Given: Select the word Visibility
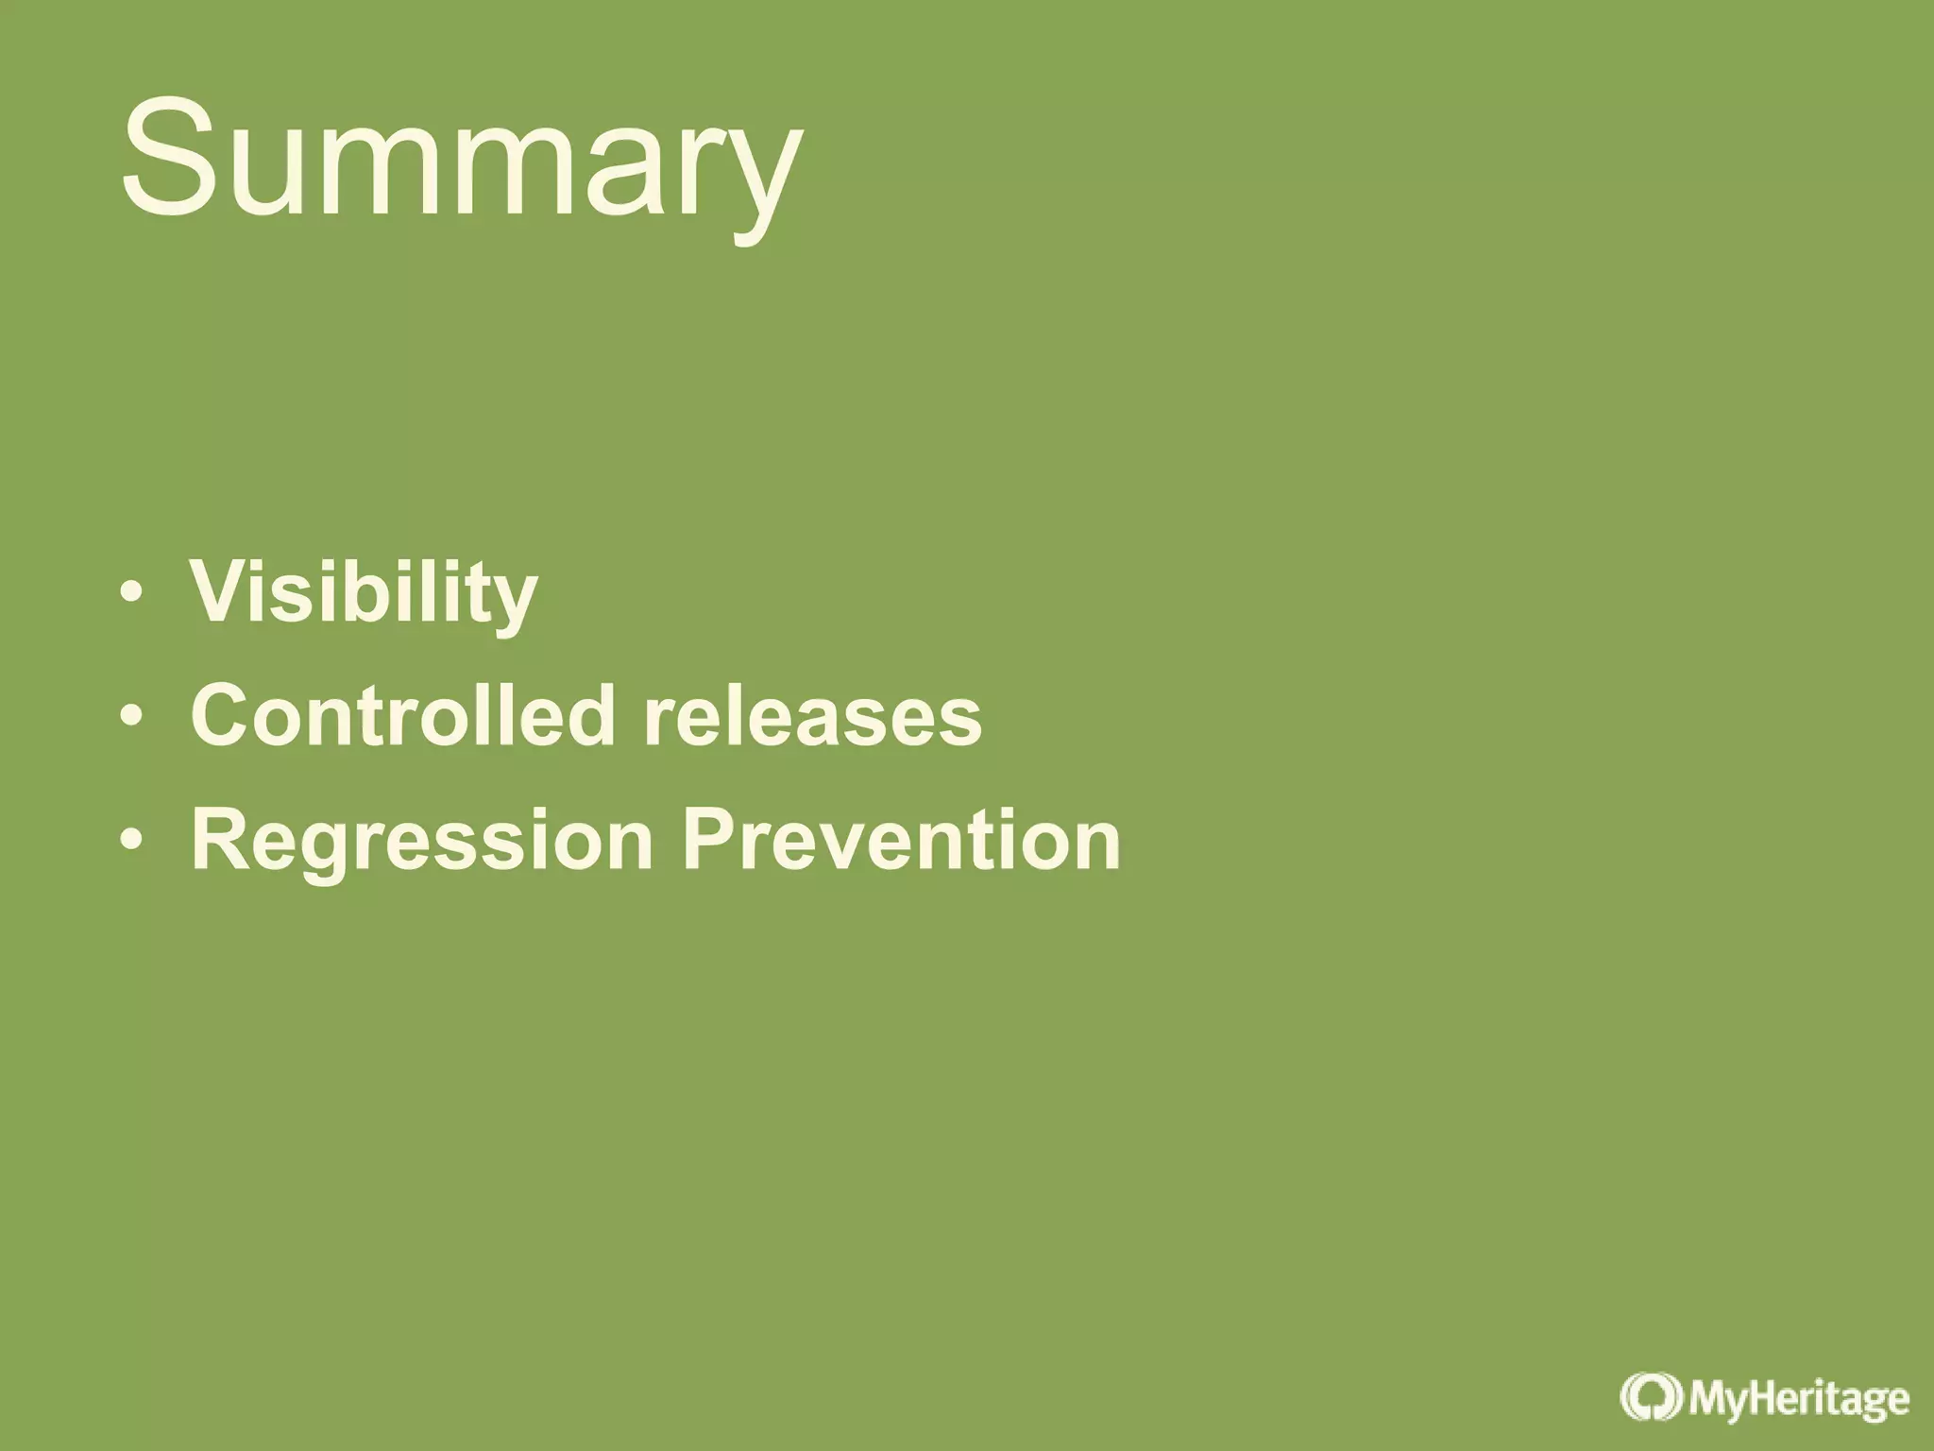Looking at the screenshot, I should click(x=364, y=593).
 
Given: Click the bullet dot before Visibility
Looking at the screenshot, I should click(x=132, y=593).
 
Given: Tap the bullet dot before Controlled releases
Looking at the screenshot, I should click(x=132, y=716).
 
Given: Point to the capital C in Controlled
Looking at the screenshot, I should click(x=225, y=715).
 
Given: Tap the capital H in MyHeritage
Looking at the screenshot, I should click(x=1757, y=1397).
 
